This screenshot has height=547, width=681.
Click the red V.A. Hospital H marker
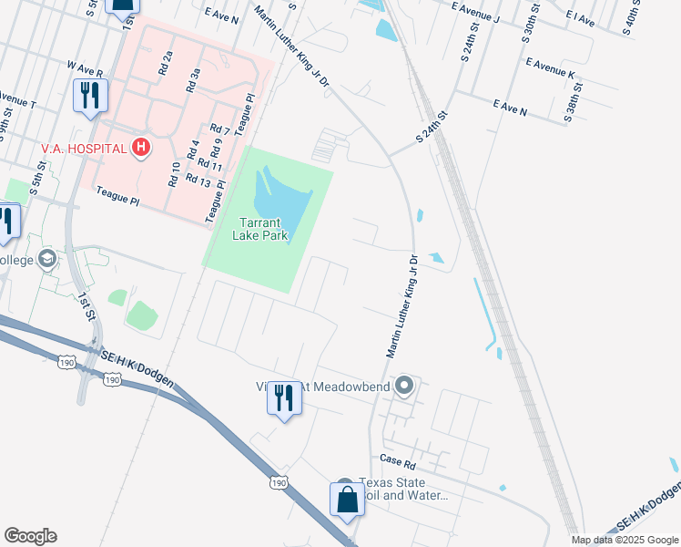tap(140, 147)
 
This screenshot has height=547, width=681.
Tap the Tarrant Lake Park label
tap(264, 228)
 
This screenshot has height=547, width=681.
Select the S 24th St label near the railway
tap(432, 126)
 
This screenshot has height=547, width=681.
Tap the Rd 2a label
tap(166, 63)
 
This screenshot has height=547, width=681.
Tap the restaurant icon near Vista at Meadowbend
tap(284, 397)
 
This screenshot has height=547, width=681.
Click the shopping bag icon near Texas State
tap(347, 500)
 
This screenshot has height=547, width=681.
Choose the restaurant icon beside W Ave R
tap(90, 96)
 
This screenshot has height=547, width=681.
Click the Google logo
tap(30, 536)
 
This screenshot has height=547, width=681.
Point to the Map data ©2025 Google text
tap(624, 540)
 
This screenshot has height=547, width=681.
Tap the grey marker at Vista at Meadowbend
tap(405, 387)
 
